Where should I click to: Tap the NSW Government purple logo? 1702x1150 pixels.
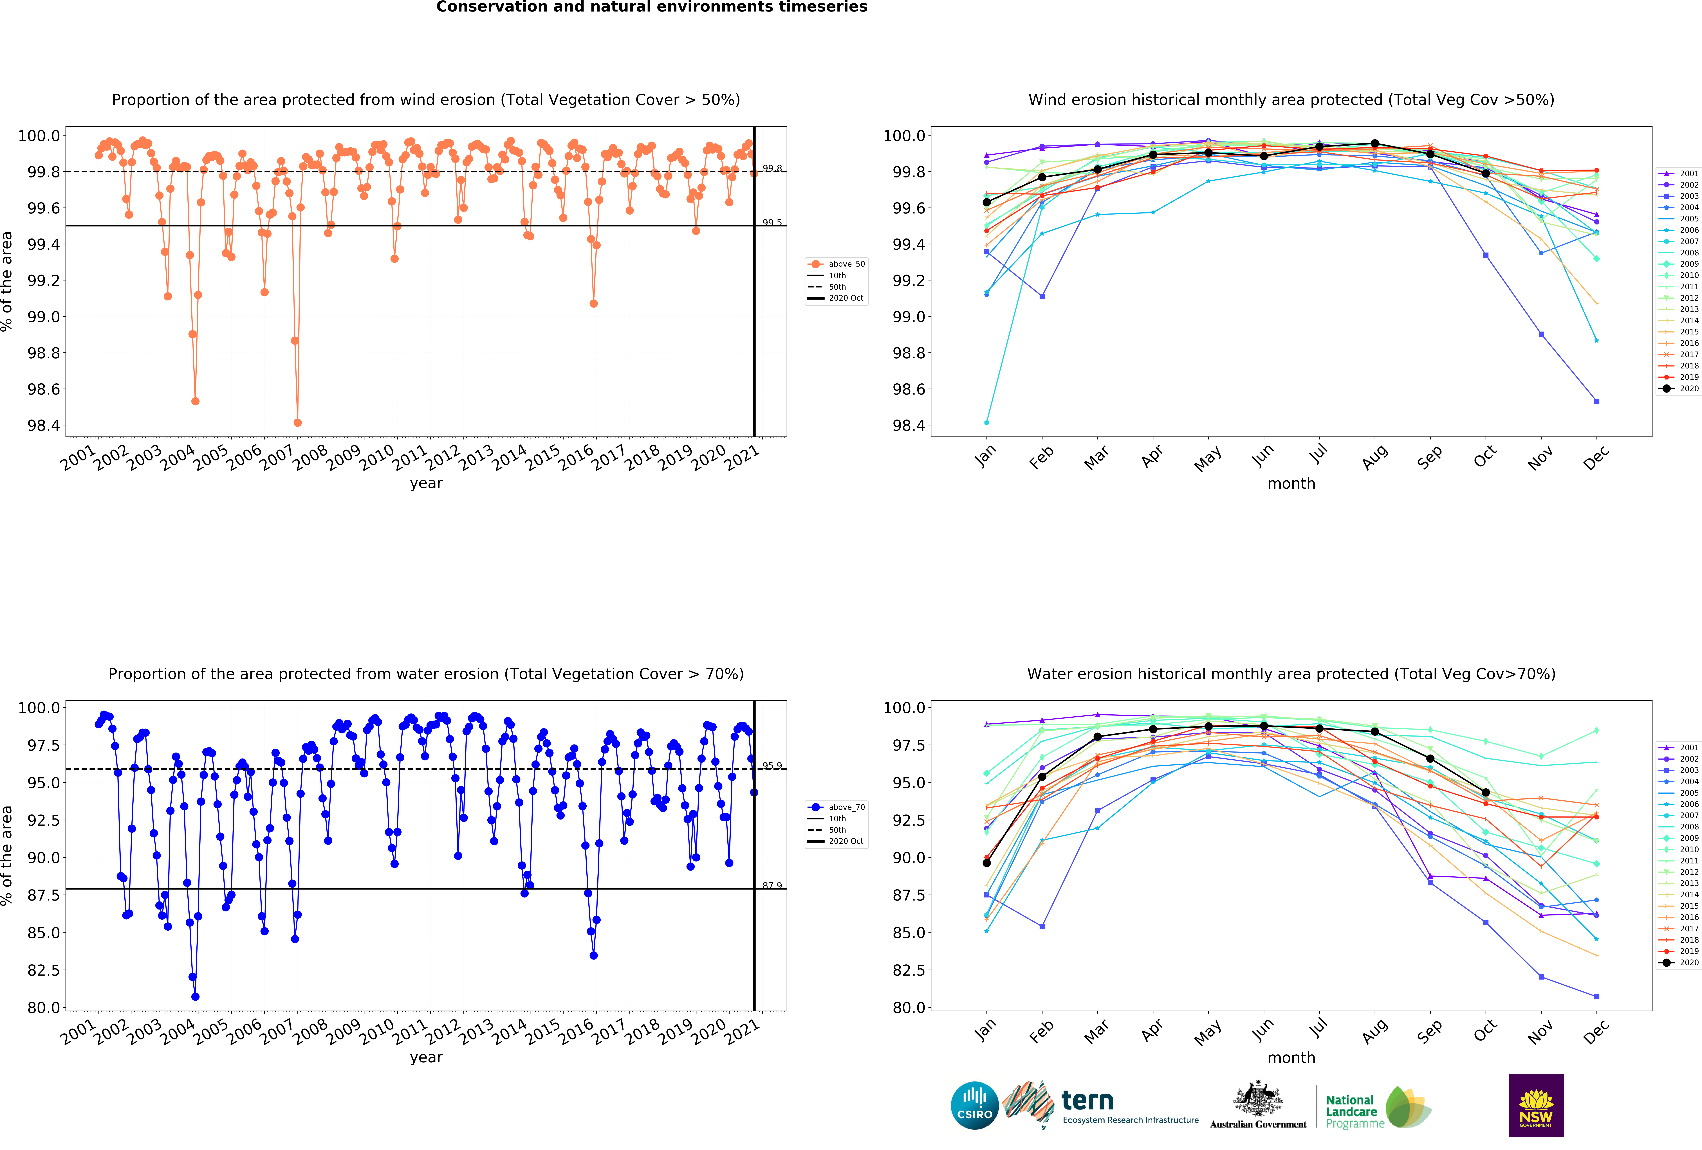1536,1105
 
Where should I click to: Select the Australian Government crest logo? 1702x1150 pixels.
1257,1099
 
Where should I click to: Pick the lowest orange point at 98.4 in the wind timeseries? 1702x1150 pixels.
297,422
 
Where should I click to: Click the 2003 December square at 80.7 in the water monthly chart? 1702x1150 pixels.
1596,996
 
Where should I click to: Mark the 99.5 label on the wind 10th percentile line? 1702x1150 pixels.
772,222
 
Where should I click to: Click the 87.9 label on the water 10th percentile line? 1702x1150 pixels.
772,886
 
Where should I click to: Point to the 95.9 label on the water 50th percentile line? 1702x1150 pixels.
772,766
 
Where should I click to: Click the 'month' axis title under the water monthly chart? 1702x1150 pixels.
1291,1058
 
